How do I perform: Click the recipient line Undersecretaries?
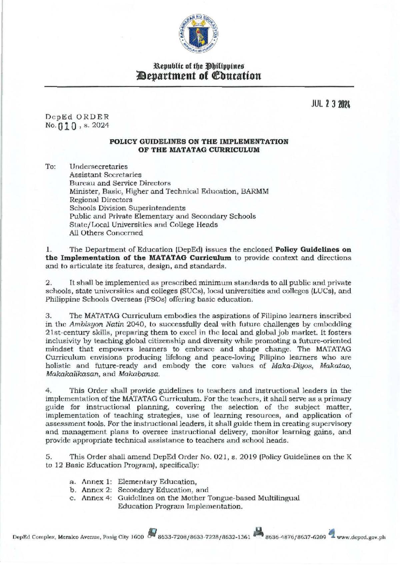[x=98, y=166]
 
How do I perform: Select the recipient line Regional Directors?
[x=101, y=200]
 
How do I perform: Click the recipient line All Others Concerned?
[x=106, y=233]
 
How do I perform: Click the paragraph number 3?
[x=48, y=315]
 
